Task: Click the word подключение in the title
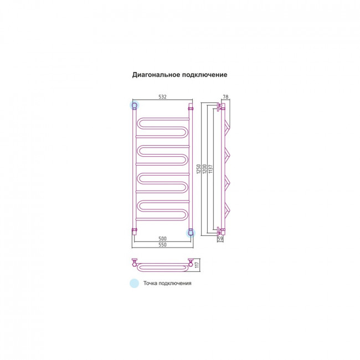pyautogui.click(x=205, y=75)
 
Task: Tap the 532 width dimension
pyautogui.click(x=162, y=97)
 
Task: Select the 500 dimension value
pyautogui.click(x=162, y=239)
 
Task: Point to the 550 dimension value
pyautogui.click(x=162, y=245)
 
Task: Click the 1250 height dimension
pyautogui.click(x=199, y=169)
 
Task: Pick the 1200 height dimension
pyautogui.click(x=205, y=169)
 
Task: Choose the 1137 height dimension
pyautogui.click(x=211, y=169)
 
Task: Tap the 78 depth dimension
pyautogui.click(x=225, y=97)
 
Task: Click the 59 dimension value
pyautogui.click(x=220, y=239)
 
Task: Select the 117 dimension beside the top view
pyautogui.click(x=198, y=265)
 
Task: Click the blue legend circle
pyautogui.click(x=135, y=283)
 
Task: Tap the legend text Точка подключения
pyautogui.click(x=167, y=284)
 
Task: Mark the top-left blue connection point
pyautogui.click(x=135, y=105)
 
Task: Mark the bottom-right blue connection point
pyautogui.click(x=191, y=233)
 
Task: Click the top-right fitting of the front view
pyautogui.click(x=191, y=106)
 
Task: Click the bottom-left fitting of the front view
pyautogui.click(x=135, y=232)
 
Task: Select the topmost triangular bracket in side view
pyautogui.click(x=228, y=127)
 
